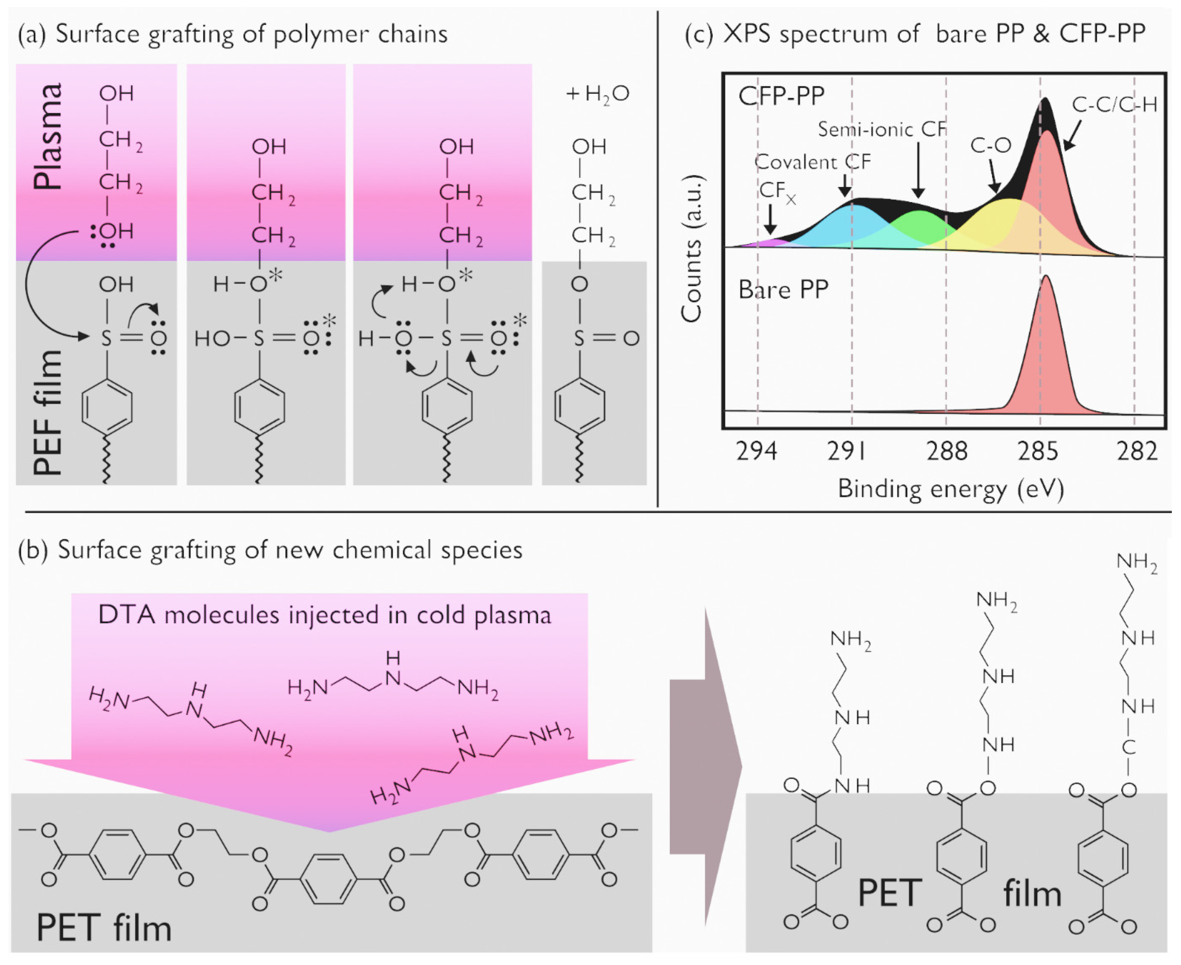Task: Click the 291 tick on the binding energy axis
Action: [847, 451]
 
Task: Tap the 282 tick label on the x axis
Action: [1137, 451]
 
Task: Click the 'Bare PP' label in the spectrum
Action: [783, 290]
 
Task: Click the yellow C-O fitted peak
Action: [1001, 222]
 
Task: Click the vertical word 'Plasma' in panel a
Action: [47, 136]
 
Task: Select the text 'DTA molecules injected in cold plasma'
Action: [325, 615]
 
